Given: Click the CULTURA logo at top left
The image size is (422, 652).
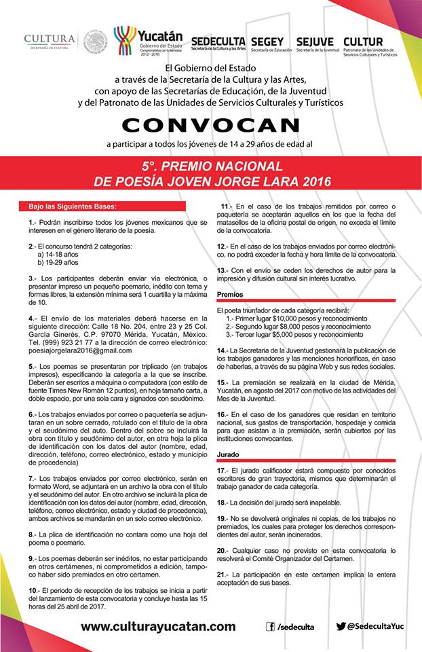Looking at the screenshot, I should (x=50, y=43).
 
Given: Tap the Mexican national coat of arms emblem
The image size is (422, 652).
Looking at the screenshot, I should (x=95, y=42).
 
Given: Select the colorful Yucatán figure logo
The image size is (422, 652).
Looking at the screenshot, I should (x=124, y=40).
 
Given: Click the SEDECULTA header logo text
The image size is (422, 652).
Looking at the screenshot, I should (x=218, y=41).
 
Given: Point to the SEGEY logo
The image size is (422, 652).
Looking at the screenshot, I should (x=267, y=41).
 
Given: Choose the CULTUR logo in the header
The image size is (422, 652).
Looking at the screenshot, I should (x=363, y=41).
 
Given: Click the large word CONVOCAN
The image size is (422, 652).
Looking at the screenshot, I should (x=211, y=126).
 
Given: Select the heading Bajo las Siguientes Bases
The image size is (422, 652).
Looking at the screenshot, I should (x=73, y=206).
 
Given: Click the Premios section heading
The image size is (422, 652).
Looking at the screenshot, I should (x=230, y=294).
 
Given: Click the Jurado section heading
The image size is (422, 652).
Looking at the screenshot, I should (x=228, y=454).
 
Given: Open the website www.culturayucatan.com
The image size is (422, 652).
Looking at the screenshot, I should (x=158, y=627).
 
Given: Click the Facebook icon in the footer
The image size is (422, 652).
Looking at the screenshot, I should (x=271, y=627).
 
